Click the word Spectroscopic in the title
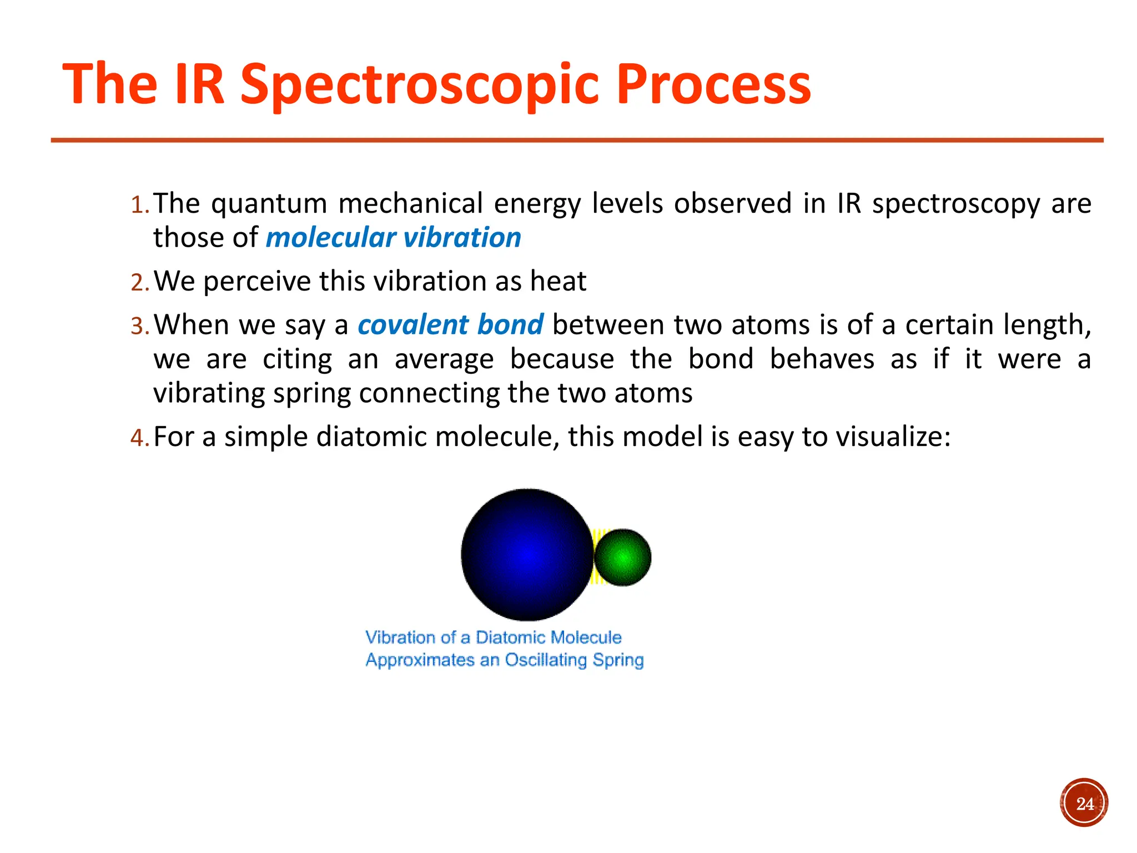[x=421, y=84]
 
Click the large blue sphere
[x=526, y=554]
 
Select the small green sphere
[x=622, y=557]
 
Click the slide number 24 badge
[x=1084, y=803]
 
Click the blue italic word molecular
[x=330, y=238]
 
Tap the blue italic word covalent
[x=413, y=325]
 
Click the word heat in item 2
[x=558, y=281]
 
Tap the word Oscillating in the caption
[x=546, y=660]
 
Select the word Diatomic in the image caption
[x=510, y=637]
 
